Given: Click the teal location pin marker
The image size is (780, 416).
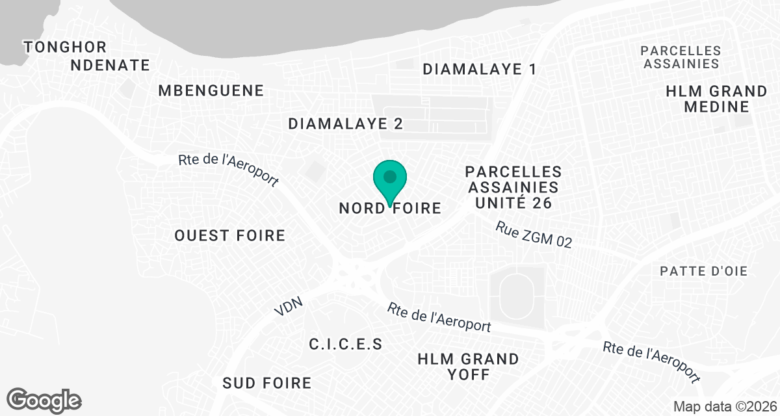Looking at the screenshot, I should (x=390, y=179).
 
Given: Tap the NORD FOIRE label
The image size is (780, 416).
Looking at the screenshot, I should (x=390, y=209).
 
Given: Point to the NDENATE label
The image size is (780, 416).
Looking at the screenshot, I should (x=110, y=65).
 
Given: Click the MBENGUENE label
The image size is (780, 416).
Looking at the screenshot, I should (x=211, y=90).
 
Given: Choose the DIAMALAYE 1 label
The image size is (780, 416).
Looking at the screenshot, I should (x=480, y=70).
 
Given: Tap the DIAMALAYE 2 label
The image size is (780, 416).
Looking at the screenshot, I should (x=346, y=123).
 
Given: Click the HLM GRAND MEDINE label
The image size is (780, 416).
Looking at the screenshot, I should (x=717, y=99).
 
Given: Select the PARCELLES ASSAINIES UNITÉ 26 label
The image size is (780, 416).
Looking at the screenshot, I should (x=513, y=187).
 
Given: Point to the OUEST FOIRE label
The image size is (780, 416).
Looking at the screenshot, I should (x=230, y=235).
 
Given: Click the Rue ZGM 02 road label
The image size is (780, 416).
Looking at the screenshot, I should (x=534, y=235).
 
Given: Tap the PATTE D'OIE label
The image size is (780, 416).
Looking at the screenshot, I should (x=704, y=271).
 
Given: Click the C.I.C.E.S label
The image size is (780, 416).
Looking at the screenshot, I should (x=346, y=344).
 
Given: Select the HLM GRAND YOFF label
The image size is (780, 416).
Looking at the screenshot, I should (x=468, y=367).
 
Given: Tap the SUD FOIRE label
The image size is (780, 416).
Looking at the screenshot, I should (x=267, y=383).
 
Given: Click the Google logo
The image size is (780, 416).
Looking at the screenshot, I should (x=44, y=400).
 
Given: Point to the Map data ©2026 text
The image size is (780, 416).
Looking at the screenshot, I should (x=723, y=406).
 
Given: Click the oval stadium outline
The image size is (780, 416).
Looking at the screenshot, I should (x=517, y=296).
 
